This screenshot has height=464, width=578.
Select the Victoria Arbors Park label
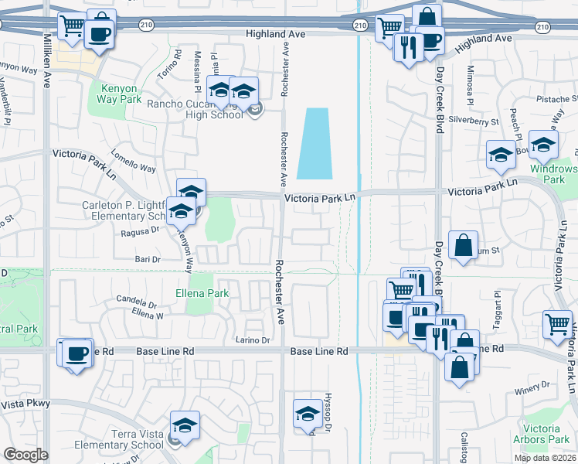pos(546,434)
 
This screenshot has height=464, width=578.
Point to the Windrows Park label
pos(554,174)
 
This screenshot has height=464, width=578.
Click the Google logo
pos(25,455)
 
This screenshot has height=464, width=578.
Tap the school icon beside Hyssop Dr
pos(308,414)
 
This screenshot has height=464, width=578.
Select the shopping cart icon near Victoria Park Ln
pos(557,324)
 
